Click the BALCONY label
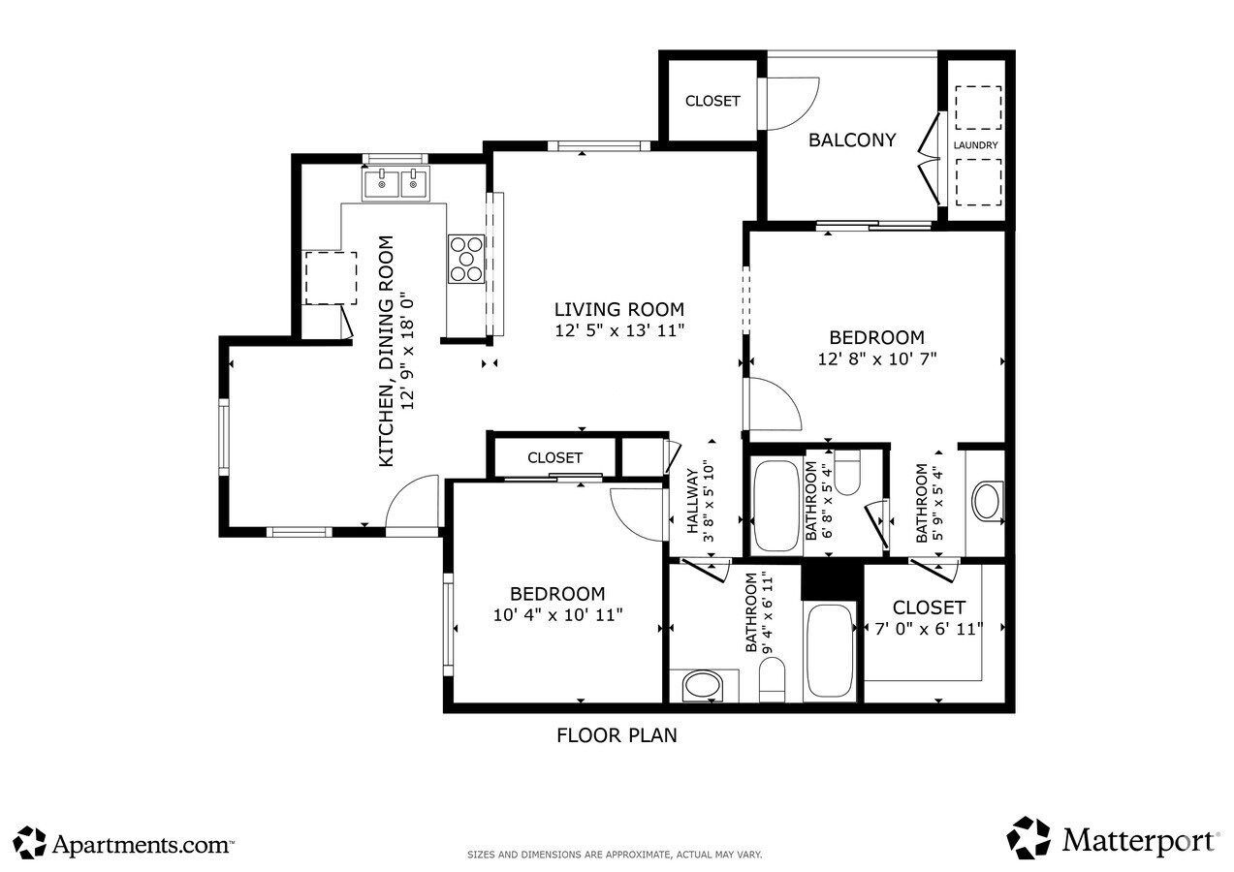852,140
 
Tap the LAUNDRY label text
975,146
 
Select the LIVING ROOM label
618,310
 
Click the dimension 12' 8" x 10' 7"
876,358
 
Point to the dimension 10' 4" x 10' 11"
557,614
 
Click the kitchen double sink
396,181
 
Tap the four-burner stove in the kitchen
466,259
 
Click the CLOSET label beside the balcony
712,101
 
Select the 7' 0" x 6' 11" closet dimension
929,628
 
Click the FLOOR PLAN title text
617,735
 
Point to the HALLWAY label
693,501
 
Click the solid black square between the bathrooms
832,580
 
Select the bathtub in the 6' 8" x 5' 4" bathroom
776,505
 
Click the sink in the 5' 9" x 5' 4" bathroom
988,502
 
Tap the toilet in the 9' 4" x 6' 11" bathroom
772,680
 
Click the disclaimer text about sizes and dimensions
616,856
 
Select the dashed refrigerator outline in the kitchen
331,278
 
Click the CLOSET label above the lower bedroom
554,457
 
